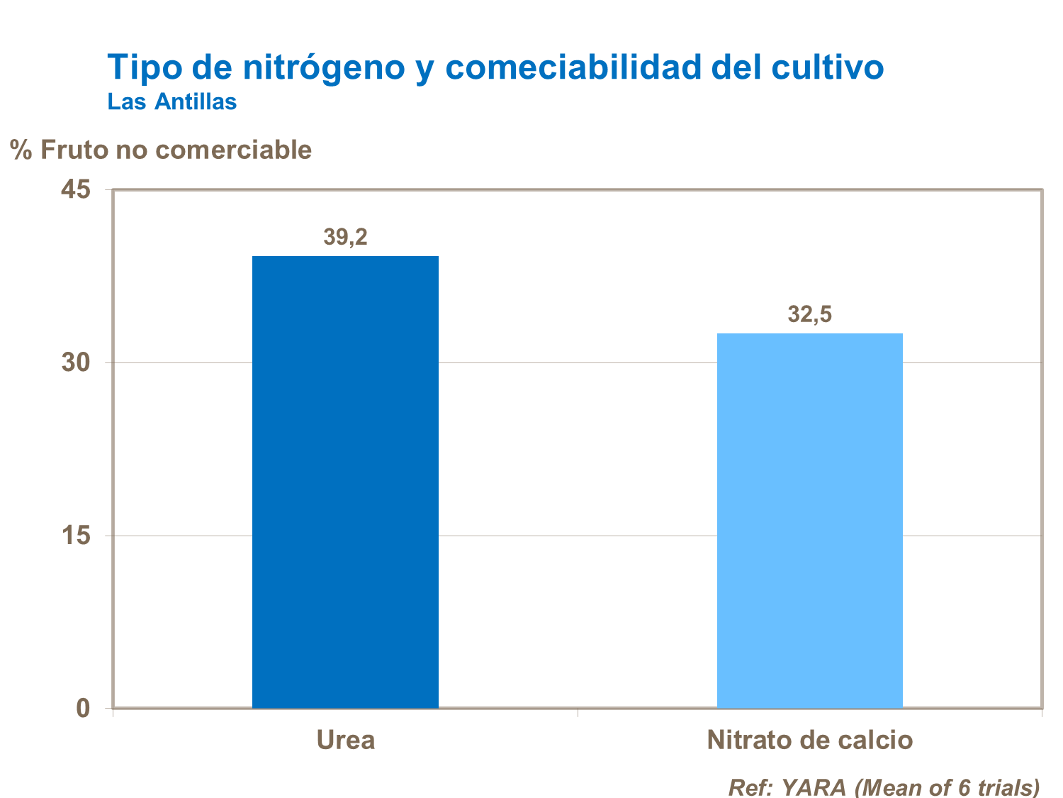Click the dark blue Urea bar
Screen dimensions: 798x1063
pyautogui.click(x=345, y=482)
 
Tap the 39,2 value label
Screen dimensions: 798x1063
pyautogui.click(x=345, y=237)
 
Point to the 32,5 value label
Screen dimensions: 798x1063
pyautogui.click(x=809, y=314)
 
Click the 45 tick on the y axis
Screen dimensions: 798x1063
pyautogui.click(x=76, y=190)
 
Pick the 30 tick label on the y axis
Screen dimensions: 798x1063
pyautogui.click(x=76, y=362)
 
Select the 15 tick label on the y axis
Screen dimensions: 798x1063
pyautogui.click(x=76, y=536)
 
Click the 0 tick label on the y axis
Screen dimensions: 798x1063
pyautogui.click(x=84, y=708)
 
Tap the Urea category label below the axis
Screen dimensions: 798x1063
pyautogui.click(x=345, y=740)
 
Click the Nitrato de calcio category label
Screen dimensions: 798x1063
pyautogui.click(x=809, y=740)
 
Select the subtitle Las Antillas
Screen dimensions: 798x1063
pyautogui.click(x=171, y=102)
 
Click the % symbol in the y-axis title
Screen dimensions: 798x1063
pyautogui.click(x=21, y=150)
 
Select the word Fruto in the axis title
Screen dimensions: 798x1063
pyautogui.click(x=74, y=150)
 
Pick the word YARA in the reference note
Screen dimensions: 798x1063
pyautogui.click(x=814, y=787)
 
